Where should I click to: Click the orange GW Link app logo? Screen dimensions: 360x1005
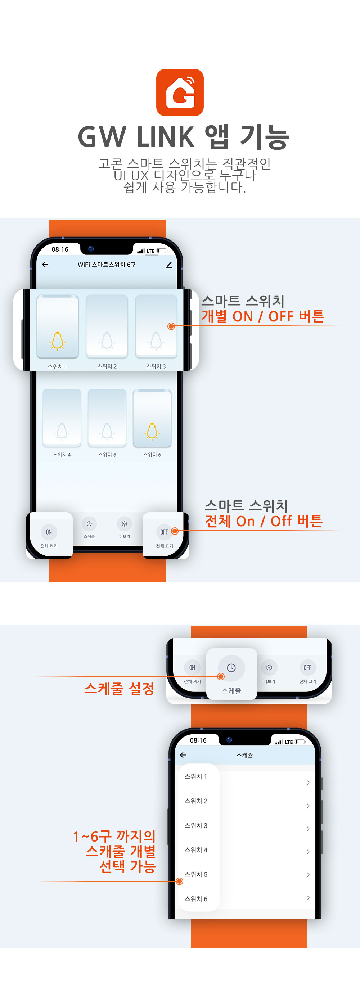(x=180, y=93)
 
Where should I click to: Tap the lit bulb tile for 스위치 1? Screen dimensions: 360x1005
(x=57, y=326)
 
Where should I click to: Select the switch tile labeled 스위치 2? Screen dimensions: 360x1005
(x=107, y=326)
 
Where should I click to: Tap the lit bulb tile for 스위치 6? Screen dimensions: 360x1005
(x=152, y=418)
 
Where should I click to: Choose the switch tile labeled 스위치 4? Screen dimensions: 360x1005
(x=62, y=418)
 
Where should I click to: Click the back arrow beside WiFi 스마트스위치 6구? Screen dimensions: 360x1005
(x=45, y=265)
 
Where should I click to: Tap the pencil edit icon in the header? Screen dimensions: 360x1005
(x=169, y=265)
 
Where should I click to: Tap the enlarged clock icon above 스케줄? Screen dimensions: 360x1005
(x=231, y=668)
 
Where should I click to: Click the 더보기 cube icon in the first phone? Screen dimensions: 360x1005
(x=125, y=524)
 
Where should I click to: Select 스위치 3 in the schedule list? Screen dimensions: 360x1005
(x=196, y=825)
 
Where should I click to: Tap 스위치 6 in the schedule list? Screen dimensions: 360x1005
(x=196, y=899)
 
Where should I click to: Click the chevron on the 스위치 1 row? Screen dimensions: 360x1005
(x=308, y=783)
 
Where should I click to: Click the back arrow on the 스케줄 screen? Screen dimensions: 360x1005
(x=183, y=755)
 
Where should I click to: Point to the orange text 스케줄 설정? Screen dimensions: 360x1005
(x=120, y=689)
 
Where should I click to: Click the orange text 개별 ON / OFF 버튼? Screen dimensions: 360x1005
(x=263, y=316)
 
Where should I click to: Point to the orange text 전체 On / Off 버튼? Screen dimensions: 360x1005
(x=264, y=521)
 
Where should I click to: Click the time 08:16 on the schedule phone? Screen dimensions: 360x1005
(x=198, y=740)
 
